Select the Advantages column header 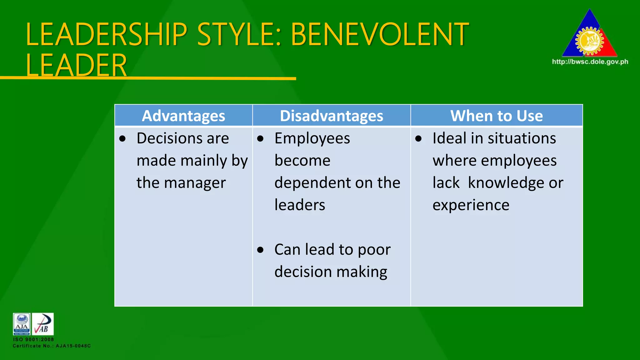click(x=183, y=116)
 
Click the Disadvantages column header click(x=331, y=116)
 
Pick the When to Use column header click(x=496, y=116)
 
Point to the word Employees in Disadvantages click(x=312, y=139)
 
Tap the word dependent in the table click(x=313, y=182)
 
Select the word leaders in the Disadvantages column click(x=300, y=205)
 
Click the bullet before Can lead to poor click(x=260, y=250)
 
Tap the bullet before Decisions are click(x=122, y=138)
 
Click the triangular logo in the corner click(x=589, y=36)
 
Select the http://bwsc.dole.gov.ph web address click(x=590, y=62)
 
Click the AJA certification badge click(x=22, y=324)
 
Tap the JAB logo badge click(x=43, y=324)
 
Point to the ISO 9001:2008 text click(x=33, y=339)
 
